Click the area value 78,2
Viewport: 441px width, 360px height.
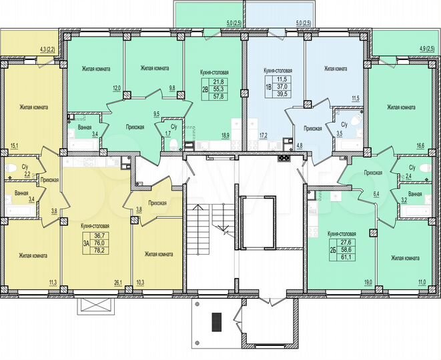pyautogui.click(x=101, y=251)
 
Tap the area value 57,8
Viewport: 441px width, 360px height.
pyautogui.click(x=217, y=97)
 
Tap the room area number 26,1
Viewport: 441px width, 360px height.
pyautogui.click(x=118, y=283)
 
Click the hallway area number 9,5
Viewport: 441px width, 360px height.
pyautogui.click(x=156, y=114)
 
